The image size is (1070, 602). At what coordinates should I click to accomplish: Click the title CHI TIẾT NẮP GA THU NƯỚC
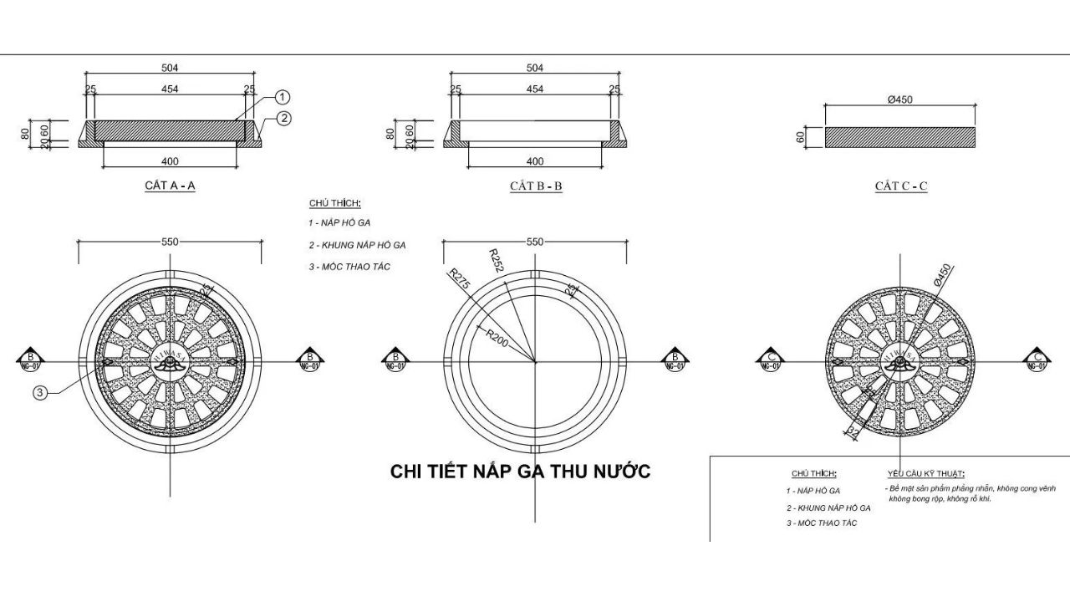pyautogui.click(x=520, y=472)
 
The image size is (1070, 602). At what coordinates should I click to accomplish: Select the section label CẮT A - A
pyautogui.click(x=170, y=186)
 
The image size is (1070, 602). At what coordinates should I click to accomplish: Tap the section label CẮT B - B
pyautogui.click(x=536, y=186)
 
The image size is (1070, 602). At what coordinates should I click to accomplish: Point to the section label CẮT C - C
pyautogui.click(x=901, y=186)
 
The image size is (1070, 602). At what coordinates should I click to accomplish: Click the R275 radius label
pyautogui.click(x=460, y=279)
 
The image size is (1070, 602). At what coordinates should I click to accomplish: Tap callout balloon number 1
pyautogui.click(x=283, y=97)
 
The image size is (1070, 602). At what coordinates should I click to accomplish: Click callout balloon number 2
pyautogui.click(x=283, y=119)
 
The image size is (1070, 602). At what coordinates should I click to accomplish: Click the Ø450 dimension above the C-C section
pyautogui.click(x=899, y=99)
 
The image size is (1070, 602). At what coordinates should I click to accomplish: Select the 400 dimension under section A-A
pyautogui.click(x=171, y=161)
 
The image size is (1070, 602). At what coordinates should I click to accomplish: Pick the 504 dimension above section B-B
pyautogui.click(x=535, y=68)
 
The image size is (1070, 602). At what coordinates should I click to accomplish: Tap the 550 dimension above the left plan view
pyautogui.click(x=170, y=242)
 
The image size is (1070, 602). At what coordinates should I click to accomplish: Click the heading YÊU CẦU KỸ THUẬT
pyautogui.click(x=925, y=473)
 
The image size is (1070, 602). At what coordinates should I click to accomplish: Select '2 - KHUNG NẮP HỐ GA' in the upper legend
pyautogui.click(x=357, y=245)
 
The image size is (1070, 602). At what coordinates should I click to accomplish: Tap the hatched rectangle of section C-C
pyautogui.click(x=900, y=137)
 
